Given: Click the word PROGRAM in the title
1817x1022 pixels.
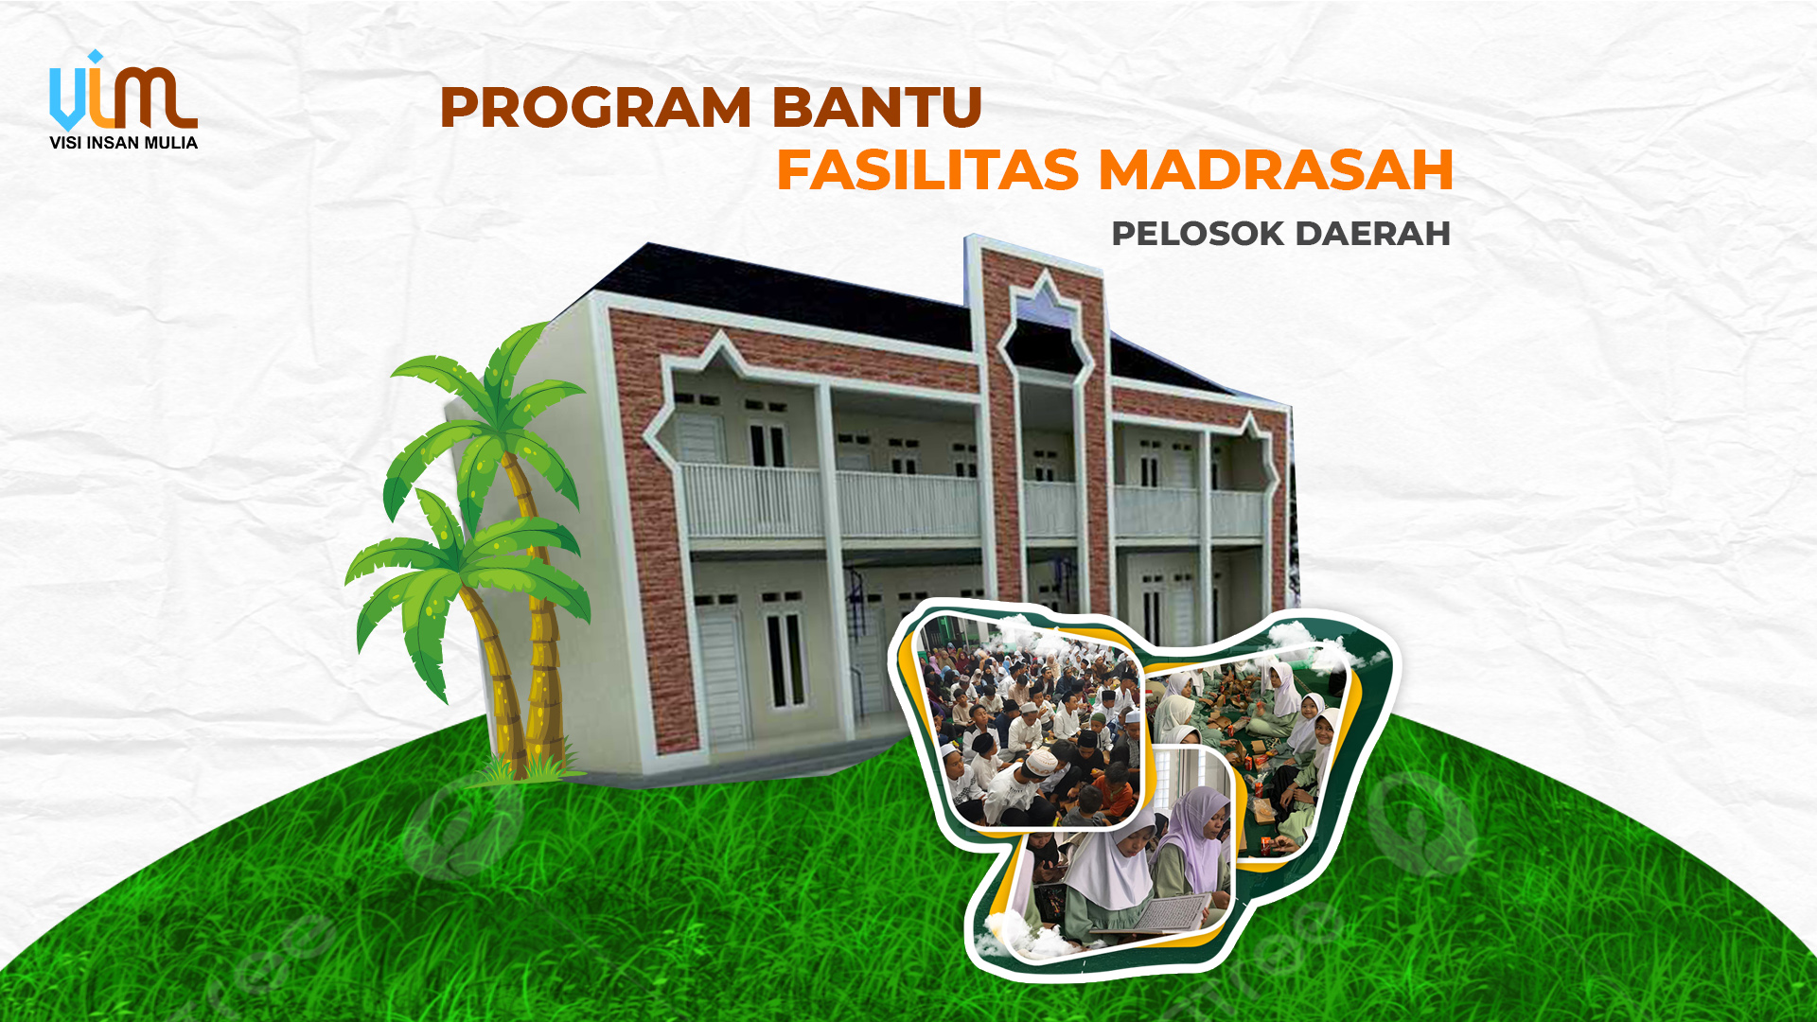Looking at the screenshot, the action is [x=595, y=107].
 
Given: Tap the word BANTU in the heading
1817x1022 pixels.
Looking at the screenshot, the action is [x=877, y=107].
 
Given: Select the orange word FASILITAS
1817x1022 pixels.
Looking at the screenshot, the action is [x=927, y=170].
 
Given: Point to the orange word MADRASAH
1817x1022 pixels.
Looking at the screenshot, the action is [x=1276, y=170].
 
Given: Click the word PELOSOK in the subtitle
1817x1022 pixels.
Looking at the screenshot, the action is [x=1196, y=234].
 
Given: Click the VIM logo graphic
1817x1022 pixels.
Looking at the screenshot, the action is [x=123, y=92].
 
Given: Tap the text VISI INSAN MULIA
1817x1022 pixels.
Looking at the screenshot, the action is [x=123, y=143].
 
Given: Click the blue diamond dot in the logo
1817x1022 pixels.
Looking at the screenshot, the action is [x=94, y=57].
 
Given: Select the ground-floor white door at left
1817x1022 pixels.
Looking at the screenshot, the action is [x=723, y=676].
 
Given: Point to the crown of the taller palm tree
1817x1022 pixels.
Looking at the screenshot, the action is [x=492, y=397].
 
